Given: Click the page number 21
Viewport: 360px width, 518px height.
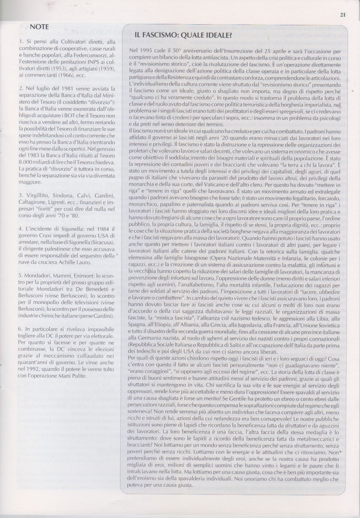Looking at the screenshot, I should pos(343,16).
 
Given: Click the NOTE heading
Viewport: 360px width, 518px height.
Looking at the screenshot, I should pos(39,27).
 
